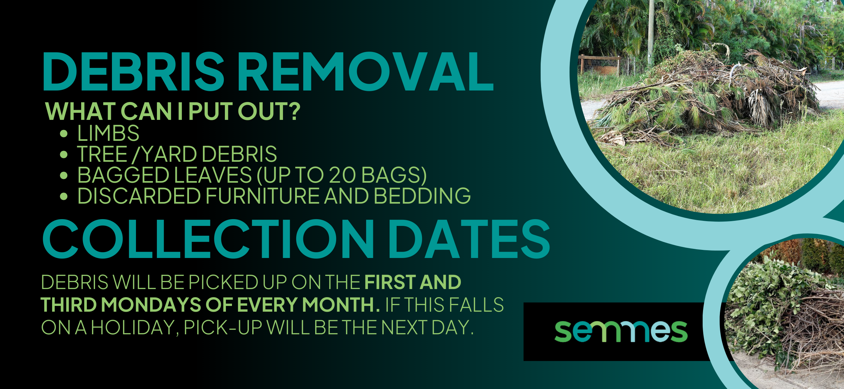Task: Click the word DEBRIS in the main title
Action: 133,71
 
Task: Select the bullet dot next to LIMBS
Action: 64,134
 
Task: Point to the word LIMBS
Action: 108,133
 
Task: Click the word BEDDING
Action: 422,196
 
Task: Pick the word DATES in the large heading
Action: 469,239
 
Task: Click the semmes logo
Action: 621,331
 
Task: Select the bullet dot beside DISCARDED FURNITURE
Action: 64,197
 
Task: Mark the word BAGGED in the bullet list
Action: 123,175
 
